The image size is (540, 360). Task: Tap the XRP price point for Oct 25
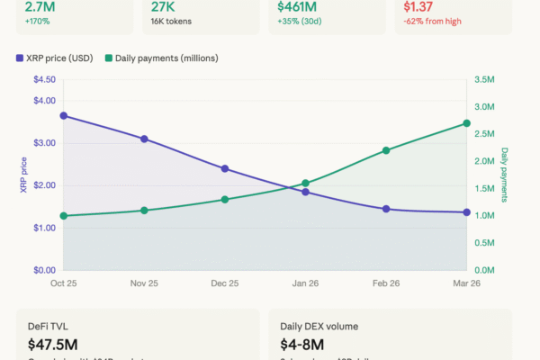pos(63,115)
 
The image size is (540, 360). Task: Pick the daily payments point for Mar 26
pos(466,123)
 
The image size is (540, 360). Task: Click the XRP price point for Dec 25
pos(225,168)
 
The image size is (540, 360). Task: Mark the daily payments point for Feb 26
pos(386,150)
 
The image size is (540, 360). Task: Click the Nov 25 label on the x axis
pos(144,283)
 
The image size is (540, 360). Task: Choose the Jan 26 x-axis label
pos(305,283)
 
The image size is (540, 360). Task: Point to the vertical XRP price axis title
pos(23,175)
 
